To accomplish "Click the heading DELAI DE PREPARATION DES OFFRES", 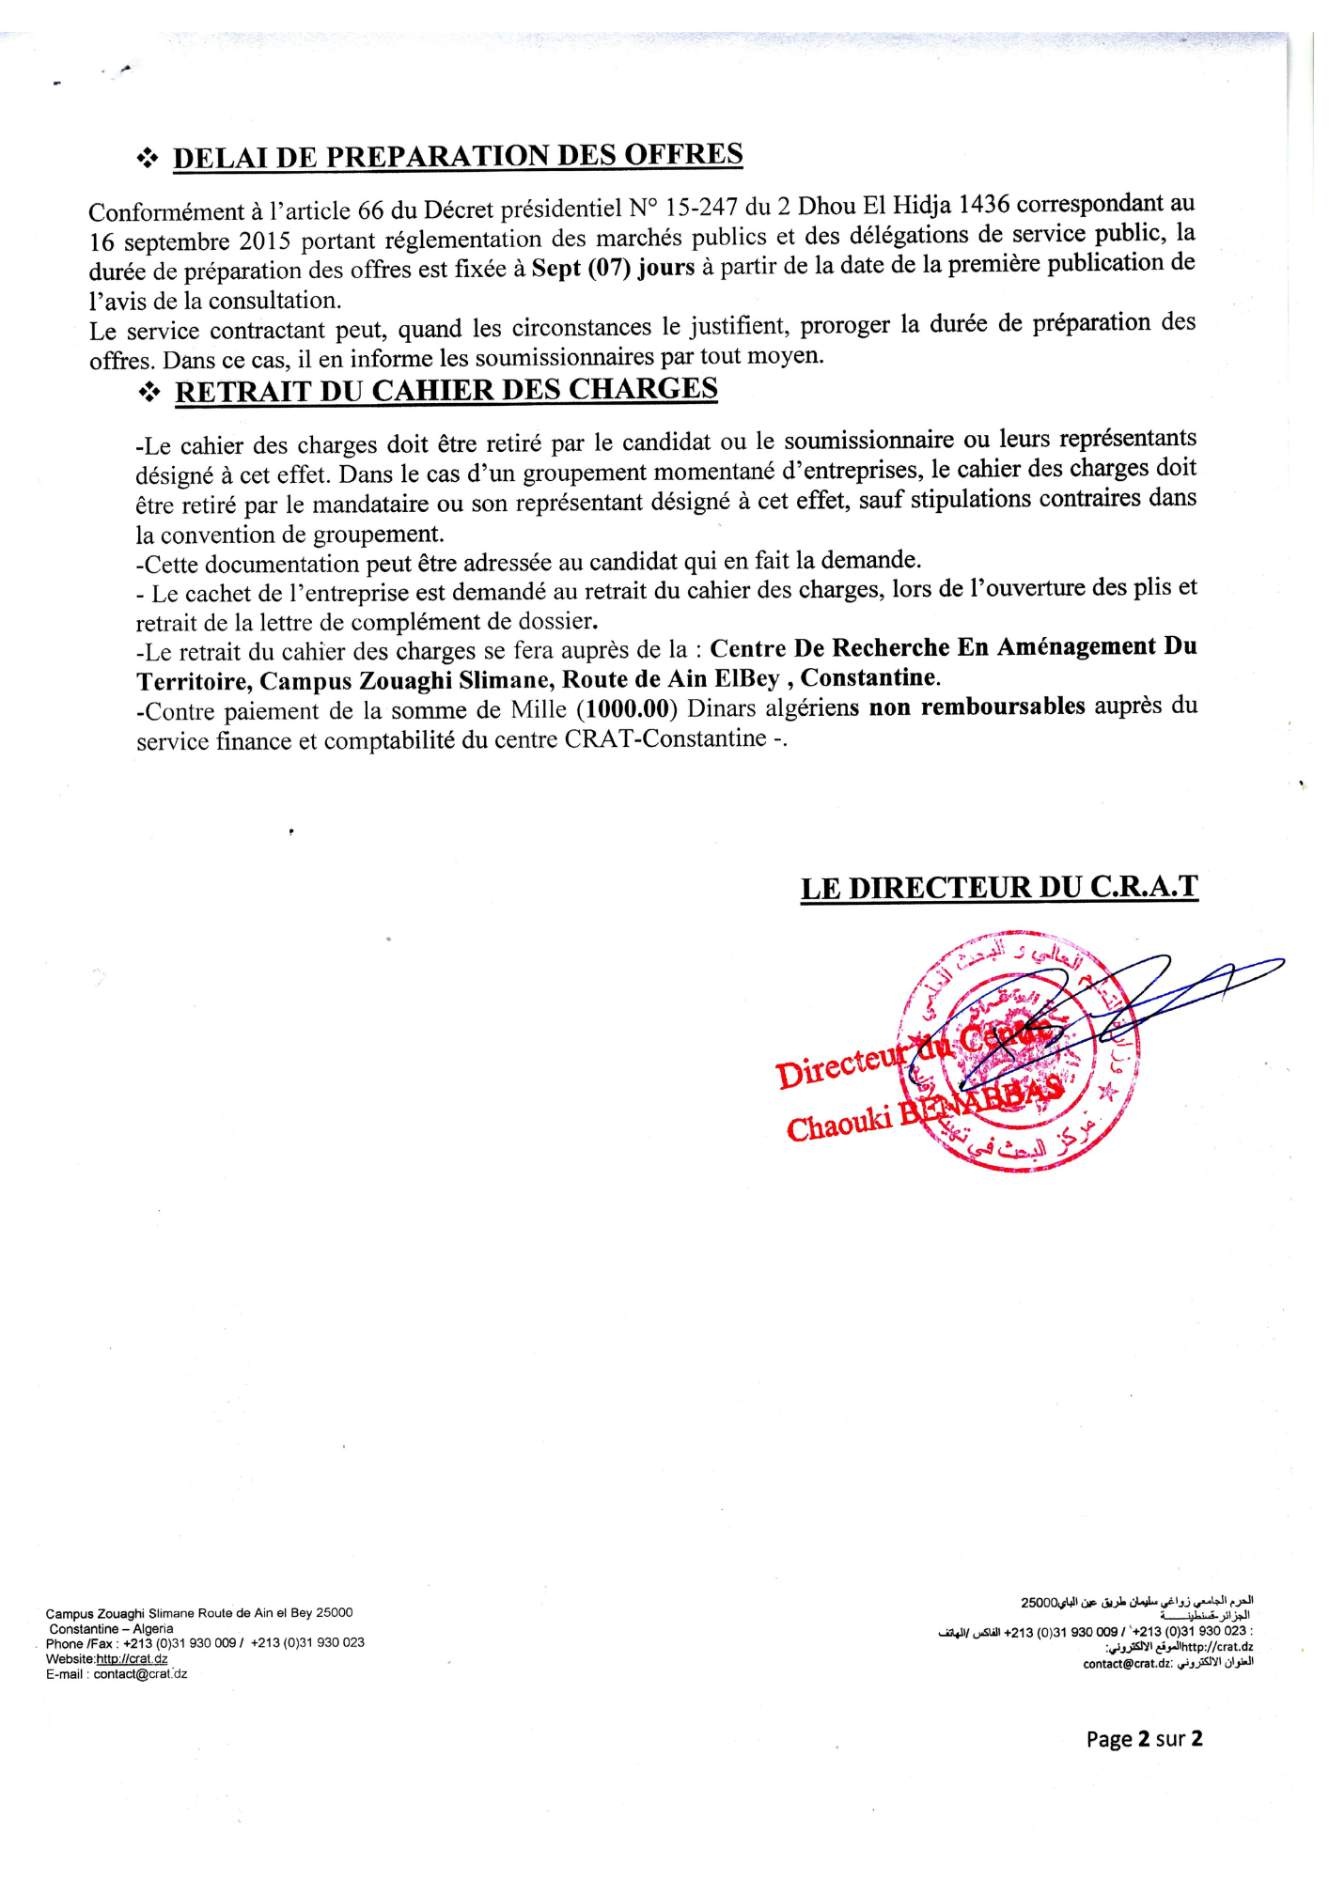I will click(458, 156).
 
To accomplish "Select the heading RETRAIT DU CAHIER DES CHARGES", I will click(446, 390).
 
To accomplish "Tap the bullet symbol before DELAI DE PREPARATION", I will click(148, 160).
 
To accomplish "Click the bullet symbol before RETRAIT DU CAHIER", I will click(149, 394).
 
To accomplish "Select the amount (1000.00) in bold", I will click(627, 707).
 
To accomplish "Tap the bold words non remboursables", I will click(977, 707).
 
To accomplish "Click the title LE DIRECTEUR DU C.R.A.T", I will click(999, 888).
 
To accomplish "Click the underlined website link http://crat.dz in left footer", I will click(132, 1659).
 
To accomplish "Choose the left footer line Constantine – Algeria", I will click(111, 1629).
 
